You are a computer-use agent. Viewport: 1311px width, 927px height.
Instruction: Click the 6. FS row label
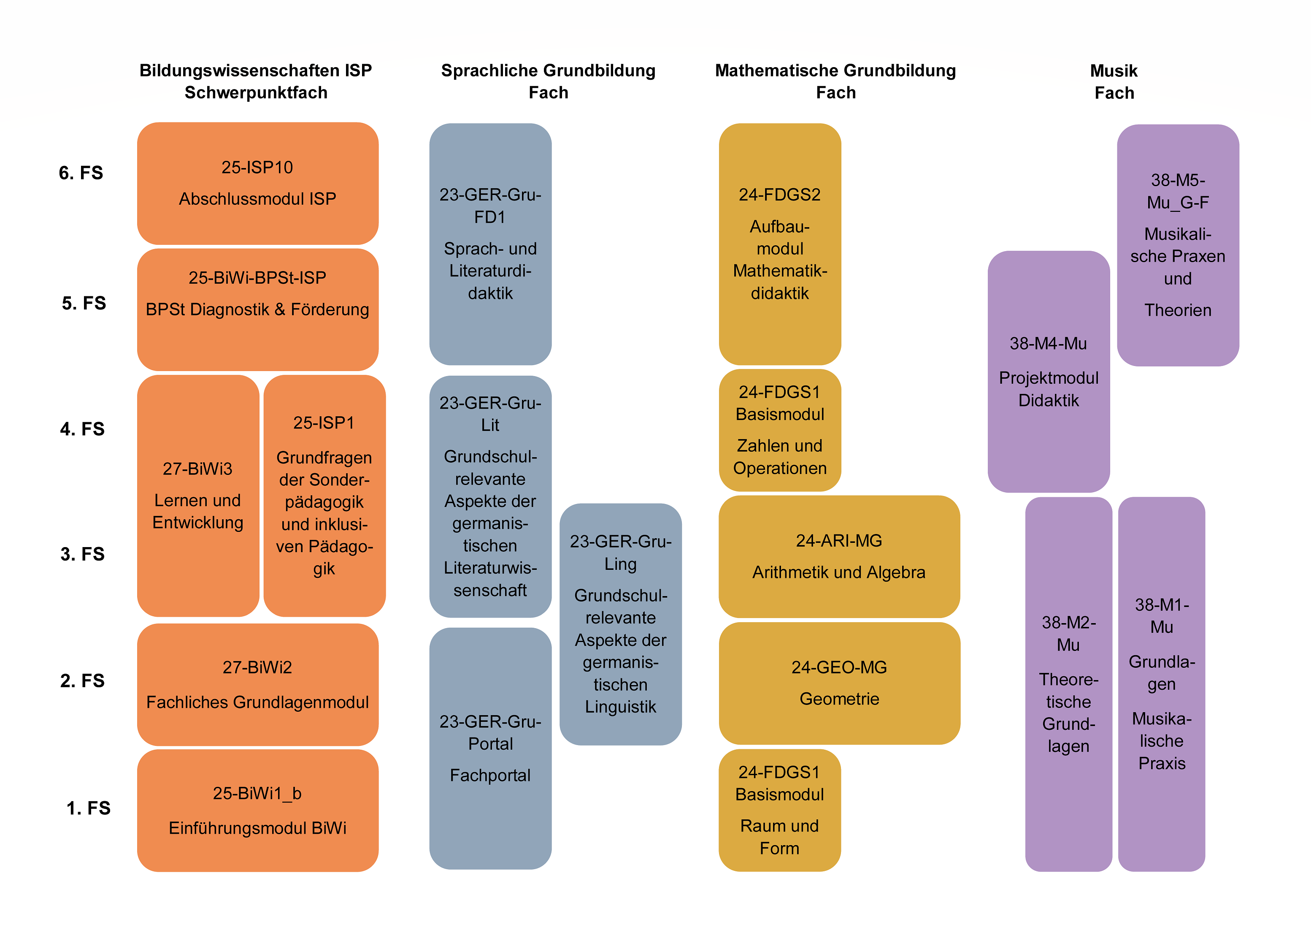click(81, 173)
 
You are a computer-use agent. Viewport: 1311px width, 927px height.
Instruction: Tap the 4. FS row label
click(82, 428)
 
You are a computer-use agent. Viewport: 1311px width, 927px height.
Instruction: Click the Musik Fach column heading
click(1114, 81)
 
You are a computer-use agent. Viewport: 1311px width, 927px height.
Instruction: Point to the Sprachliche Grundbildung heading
click(548, 70)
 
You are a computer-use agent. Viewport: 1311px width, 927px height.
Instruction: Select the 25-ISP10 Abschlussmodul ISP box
click(257, 183)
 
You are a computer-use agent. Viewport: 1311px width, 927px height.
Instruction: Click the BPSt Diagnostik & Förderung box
click(257, 309)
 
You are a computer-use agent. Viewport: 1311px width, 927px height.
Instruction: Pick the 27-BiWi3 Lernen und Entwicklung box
click(198, 496)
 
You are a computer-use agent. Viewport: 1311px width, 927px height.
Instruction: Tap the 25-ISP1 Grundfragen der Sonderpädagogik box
click(324, 496)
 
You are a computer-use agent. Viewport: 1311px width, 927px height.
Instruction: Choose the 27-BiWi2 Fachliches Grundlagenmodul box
click(257, 684)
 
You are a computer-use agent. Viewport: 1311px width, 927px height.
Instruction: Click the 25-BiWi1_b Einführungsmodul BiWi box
click(257, 810)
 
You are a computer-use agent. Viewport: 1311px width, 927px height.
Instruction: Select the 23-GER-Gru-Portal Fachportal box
click(490, 748)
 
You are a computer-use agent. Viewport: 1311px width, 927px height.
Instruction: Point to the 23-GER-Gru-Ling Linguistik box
click(621, 624)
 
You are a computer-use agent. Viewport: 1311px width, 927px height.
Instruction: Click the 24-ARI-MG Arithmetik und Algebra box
click(839, 556)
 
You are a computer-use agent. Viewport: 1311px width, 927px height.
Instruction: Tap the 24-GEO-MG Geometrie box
click(839, 683)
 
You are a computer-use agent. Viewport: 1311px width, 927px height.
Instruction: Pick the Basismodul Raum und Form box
click(780, 810)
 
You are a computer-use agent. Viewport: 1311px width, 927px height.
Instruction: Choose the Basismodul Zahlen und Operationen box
click(780, 430)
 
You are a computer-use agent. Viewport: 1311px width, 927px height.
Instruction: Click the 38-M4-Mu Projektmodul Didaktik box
click(1049, 371)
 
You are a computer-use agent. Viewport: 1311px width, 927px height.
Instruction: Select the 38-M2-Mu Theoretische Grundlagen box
click(1068, 684)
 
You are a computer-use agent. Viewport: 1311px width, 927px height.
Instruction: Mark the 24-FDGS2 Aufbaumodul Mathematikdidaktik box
click(780, 244)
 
